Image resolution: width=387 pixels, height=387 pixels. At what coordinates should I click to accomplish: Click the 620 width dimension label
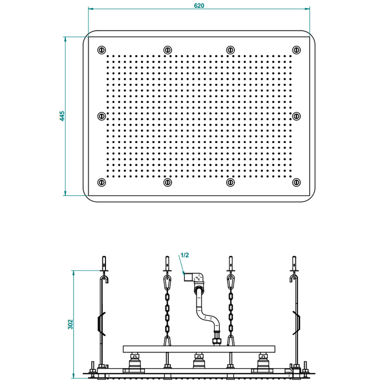tap(199, 5)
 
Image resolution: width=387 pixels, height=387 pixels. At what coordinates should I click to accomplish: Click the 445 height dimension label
tap(62, 116)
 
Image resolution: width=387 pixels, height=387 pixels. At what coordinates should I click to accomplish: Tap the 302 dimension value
tap(71, 324)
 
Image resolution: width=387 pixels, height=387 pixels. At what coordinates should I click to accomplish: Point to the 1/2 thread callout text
tap(184, 255)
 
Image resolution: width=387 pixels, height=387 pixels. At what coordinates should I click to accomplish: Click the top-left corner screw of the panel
tap(102, 50)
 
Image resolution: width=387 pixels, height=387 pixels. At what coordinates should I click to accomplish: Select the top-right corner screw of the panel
tap(297, 50)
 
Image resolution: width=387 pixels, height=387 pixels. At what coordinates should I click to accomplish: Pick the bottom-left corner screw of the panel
tap(102, 182)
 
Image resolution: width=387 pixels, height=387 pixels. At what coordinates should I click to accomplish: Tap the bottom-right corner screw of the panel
tap(297, 182)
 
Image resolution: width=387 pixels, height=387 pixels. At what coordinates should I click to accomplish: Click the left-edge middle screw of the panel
tap(102, 116)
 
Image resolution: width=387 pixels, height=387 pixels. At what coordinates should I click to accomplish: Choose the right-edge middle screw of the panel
tap(297, 116)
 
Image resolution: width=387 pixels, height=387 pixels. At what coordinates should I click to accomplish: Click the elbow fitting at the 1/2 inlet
tap(195, 278)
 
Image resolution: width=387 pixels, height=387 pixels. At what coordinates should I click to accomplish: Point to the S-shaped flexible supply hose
tap(207, 313)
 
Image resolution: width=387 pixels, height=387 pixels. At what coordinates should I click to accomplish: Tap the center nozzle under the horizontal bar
tap(199, 361)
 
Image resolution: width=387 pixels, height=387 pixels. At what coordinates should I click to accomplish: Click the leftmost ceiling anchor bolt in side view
tap(104, 264)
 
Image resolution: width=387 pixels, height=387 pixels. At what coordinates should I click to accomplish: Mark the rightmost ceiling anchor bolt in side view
tap(294, 264)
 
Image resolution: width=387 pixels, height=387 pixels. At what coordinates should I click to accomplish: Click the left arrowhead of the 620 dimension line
tap(90, 9)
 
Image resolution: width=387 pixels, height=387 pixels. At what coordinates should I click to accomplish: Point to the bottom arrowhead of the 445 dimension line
tap(65, 193)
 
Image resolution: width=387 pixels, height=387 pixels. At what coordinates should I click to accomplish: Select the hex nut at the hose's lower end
tap(217, 342)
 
